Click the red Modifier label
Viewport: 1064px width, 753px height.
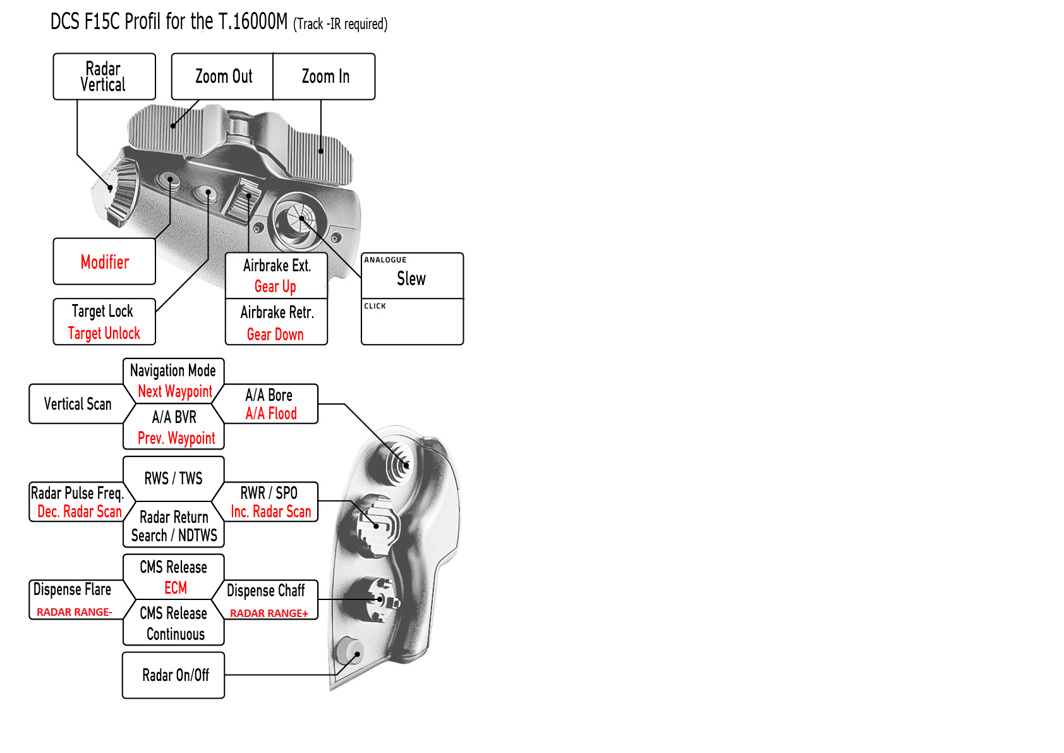(x=105, y=262)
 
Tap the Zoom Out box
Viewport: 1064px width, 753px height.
(x=223, y=77)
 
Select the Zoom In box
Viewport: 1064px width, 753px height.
(x=325, y=77)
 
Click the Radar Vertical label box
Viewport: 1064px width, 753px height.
(x=104, y=77)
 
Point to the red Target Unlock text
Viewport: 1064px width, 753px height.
(x=104, y=333)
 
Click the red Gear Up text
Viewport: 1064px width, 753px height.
(x=275, y=286)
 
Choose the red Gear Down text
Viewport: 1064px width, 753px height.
(x=275, y=334)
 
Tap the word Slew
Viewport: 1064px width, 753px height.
(x=411, y=279)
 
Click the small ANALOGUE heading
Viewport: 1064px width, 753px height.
(x=385, y=260)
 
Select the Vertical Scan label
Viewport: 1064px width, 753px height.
(x=77, y=404)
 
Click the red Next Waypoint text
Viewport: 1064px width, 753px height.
(x=175, y=391)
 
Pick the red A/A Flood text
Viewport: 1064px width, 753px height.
(x=271, y=413)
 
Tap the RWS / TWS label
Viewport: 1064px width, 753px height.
(x=173, y=479)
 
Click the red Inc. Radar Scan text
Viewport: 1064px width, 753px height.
(x=271, y=511)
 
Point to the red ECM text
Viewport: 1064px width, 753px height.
(x=176, y=588)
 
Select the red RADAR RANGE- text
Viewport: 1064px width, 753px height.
(x=75, y=612)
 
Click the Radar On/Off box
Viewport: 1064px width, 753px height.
(x=175, y=675)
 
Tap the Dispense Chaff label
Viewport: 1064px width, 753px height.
(x=266, y=591)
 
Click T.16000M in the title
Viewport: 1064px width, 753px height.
(x=253, y=22)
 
